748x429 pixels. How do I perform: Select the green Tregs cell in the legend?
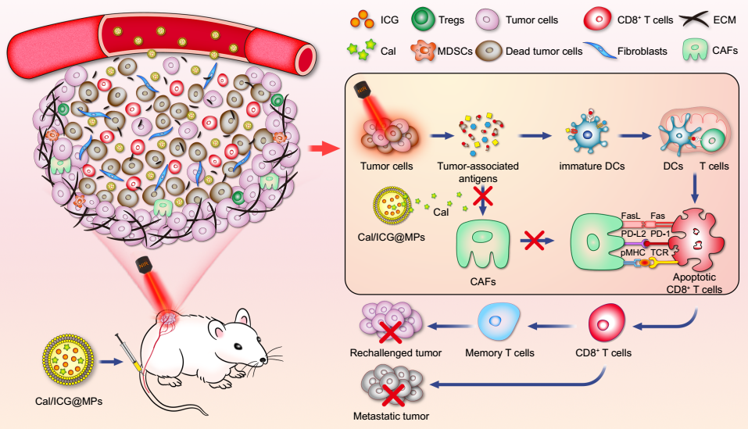point(421,17)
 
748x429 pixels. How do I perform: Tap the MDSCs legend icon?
point(422,52)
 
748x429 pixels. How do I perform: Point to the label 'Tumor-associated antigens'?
point(489,171)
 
